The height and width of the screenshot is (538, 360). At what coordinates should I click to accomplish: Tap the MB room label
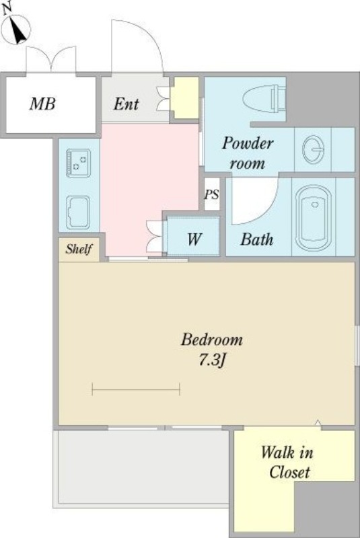tap(42, 104)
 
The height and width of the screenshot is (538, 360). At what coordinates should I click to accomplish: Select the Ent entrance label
tap(126, 104)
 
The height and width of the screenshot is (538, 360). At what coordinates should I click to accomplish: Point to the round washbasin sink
tap(313, 149)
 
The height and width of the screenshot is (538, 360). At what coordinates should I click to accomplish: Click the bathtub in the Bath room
tap(314, 218)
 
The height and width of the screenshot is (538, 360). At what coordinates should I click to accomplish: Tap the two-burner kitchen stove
tap(79, 163)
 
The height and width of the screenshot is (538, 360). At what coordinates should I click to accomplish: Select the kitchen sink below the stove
tap(78, 213)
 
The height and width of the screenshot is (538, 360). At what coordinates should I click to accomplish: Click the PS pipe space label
tap(211, 194)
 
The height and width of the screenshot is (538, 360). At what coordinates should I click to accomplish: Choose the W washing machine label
tap(194, 239)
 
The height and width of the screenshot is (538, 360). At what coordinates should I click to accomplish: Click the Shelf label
tap(79, 249)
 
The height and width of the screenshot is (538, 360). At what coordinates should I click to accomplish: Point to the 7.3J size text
tap(213, 360)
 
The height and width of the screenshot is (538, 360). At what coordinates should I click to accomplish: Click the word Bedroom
tap(212, 340)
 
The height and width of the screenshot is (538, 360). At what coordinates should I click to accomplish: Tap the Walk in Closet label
tap(288, 462)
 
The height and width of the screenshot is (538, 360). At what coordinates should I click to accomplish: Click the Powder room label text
tap(248, 153)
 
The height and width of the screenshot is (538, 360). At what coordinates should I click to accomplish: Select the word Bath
tap(256, 239)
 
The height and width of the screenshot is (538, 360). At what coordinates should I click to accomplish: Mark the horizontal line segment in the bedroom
tap(136, 389)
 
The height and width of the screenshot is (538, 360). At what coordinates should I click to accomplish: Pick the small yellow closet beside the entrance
tap(185, 98)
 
